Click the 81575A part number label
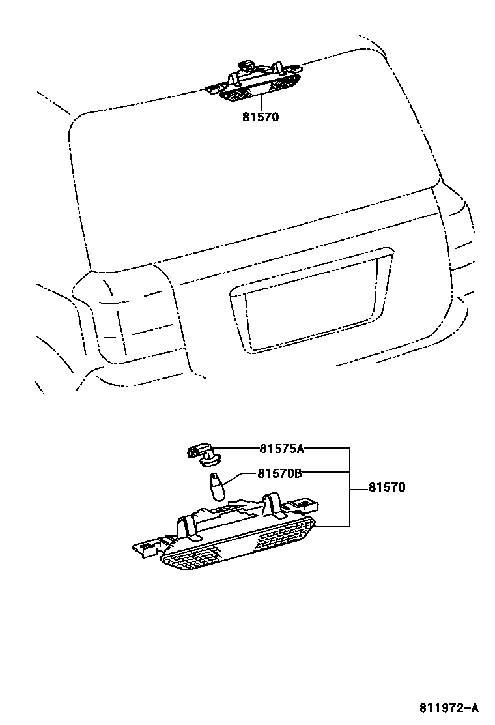click(282, 449)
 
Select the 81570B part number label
click(279, 474)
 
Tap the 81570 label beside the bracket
click(387, 487)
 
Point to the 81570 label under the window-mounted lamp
click(260, 117)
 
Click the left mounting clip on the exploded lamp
click(190, 525)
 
